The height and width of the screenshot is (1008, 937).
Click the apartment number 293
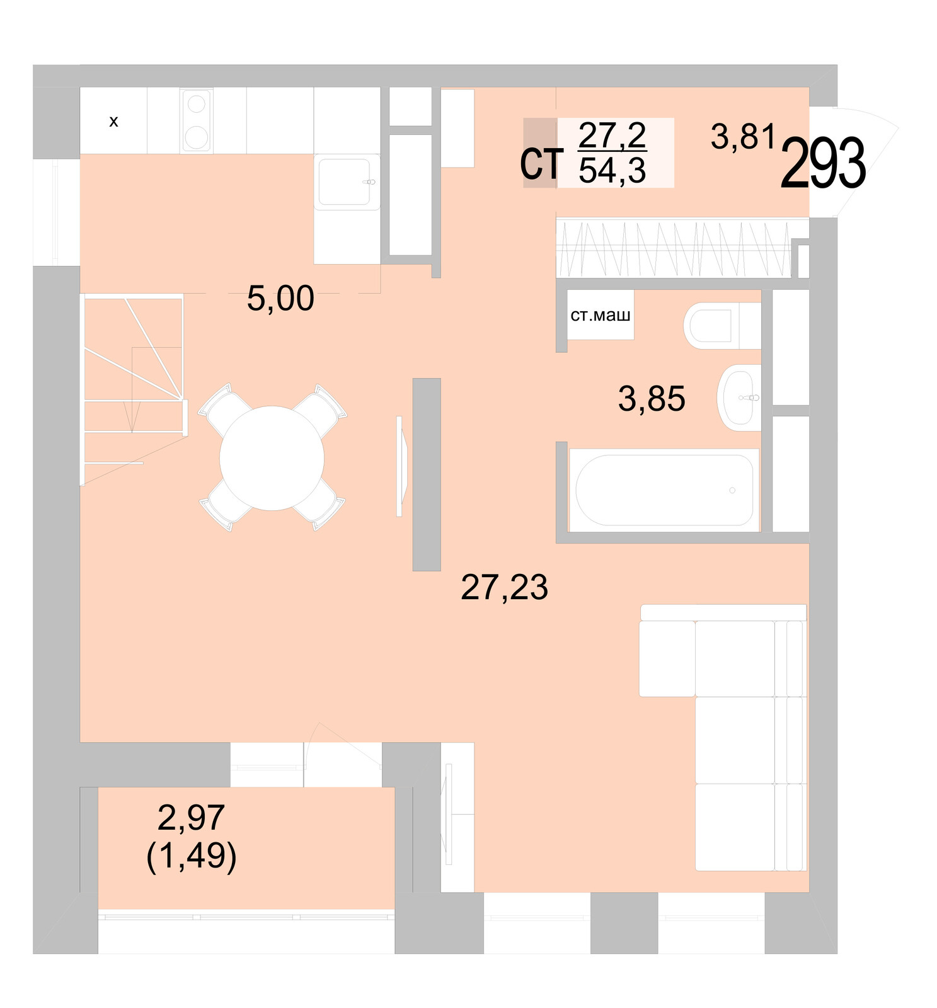(x=822, y=164)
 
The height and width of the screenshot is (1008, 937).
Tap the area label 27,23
(x=504, y=587)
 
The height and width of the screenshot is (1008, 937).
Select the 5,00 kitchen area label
(x=280, y=298)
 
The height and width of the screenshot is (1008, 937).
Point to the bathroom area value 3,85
(x=651, y=399)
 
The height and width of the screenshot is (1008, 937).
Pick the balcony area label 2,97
(x=191, y=818)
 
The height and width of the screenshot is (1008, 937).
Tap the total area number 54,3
(x=612, y=171)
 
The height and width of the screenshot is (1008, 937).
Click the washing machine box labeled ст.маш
(x=600, y=314)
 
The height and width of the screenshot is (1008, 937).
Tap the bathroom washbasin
(x=740, y=398)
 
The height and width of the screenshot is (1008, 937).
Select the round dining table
(x=272, y=458)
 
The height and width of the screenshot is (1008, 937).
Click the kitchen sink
(x=345, y=182)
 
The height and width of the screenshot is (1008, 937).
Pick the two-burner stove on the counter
(x=197, y=120)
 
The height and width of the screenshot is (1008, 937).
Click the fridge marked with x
(x=113, y=120)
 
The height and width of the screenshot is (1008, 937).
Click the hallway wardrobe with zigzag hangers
(x=673, y=249)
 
